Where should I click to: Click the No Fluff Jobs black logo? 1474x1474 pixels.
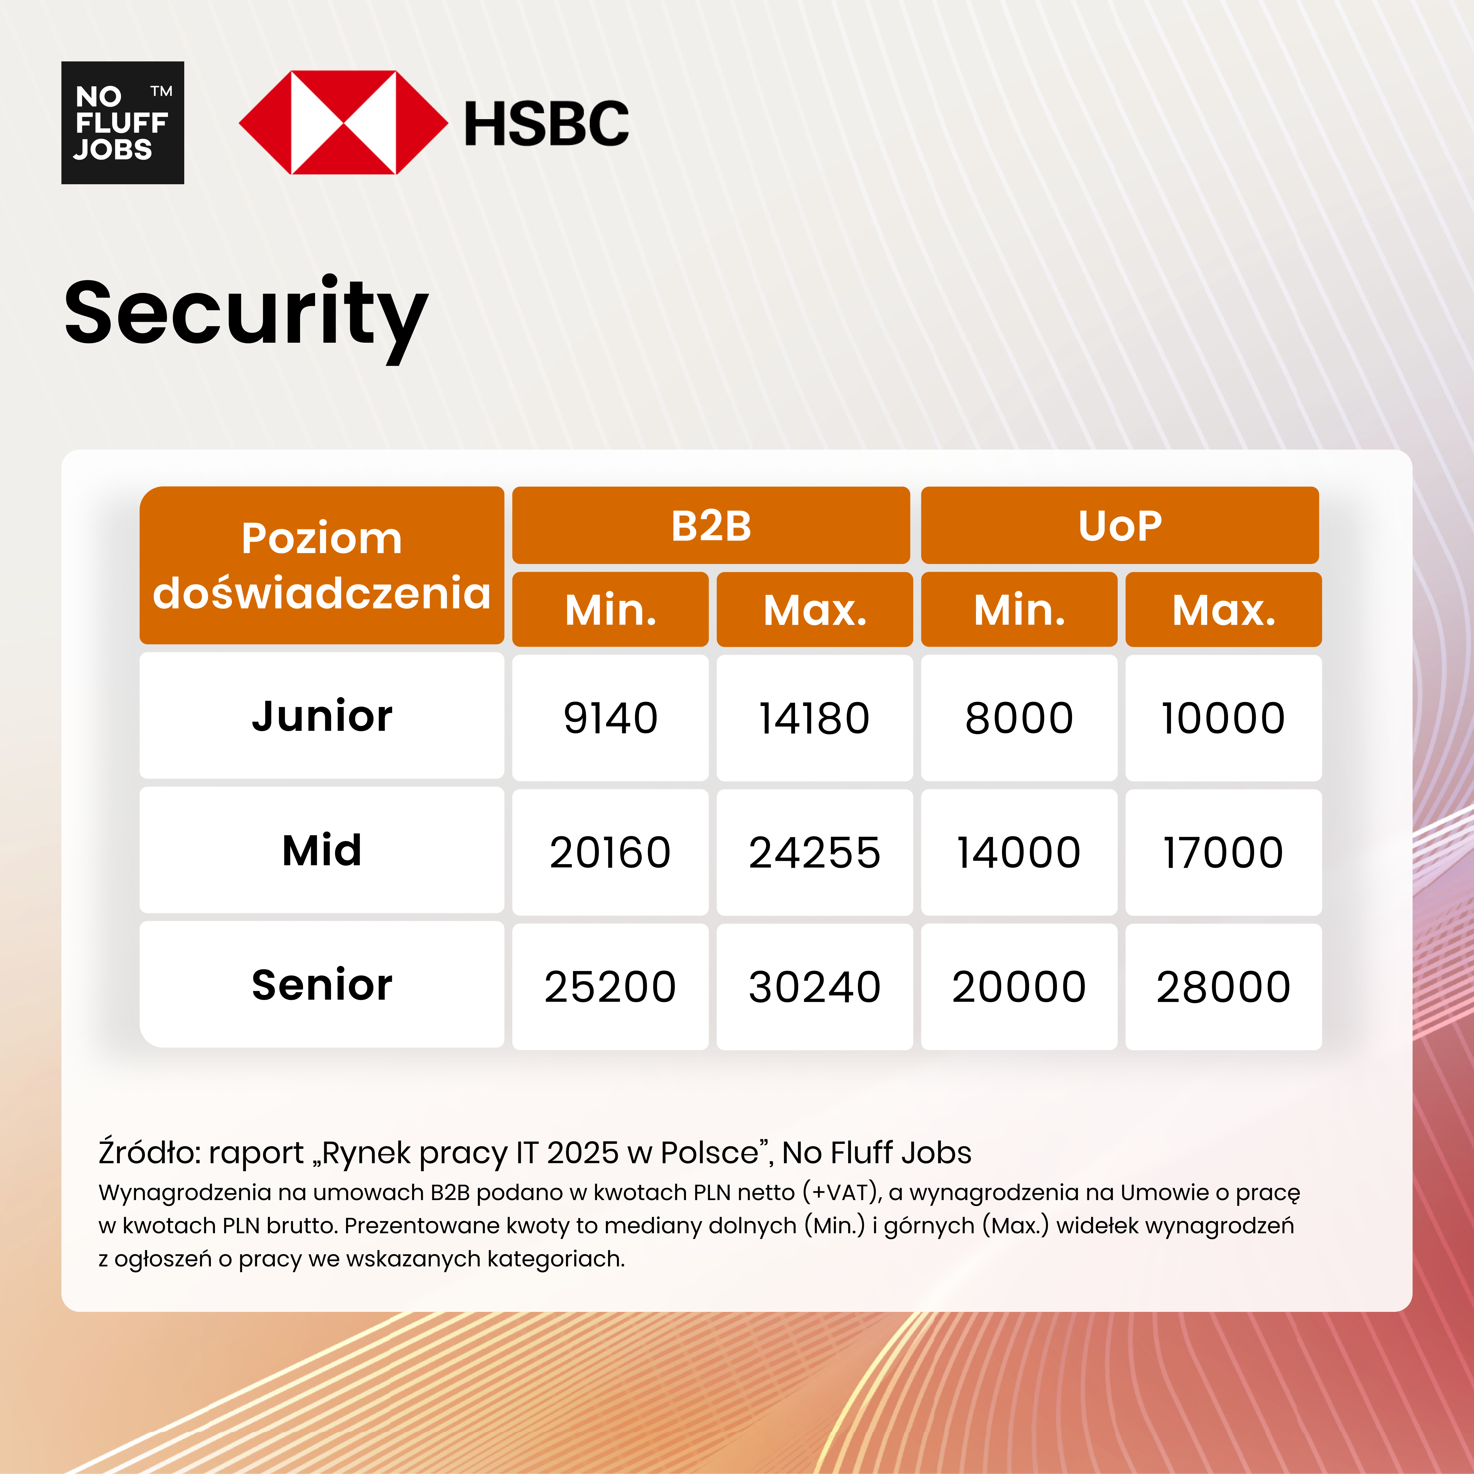click(122, 122)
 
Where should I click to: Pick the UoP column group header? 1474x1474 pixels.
click(1119, 526)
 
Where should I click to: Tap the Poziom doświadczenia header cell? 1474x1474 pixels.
click(321, 565)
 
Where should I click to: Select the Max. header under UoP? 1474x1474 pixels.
click(1223, 610)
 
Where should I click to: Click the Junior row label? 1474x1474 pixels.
click(321, 716)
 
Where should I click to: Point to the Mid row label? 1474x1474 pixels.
click(321, 850)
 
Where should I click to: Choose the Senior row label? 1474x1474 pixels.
click(321, 984)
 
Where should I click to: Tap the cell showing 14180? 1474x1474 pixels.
click(814, 718)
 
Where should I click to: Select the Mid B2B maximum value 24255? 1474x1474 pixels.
click(814, 852)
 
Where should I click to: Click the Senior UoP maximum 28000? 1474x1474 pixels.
click(1223, 986)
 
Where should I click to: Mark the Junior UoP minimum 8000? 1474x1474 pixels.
click(1019, 718)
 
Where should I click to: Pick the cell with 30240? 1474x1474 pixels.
click(814, 986)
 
